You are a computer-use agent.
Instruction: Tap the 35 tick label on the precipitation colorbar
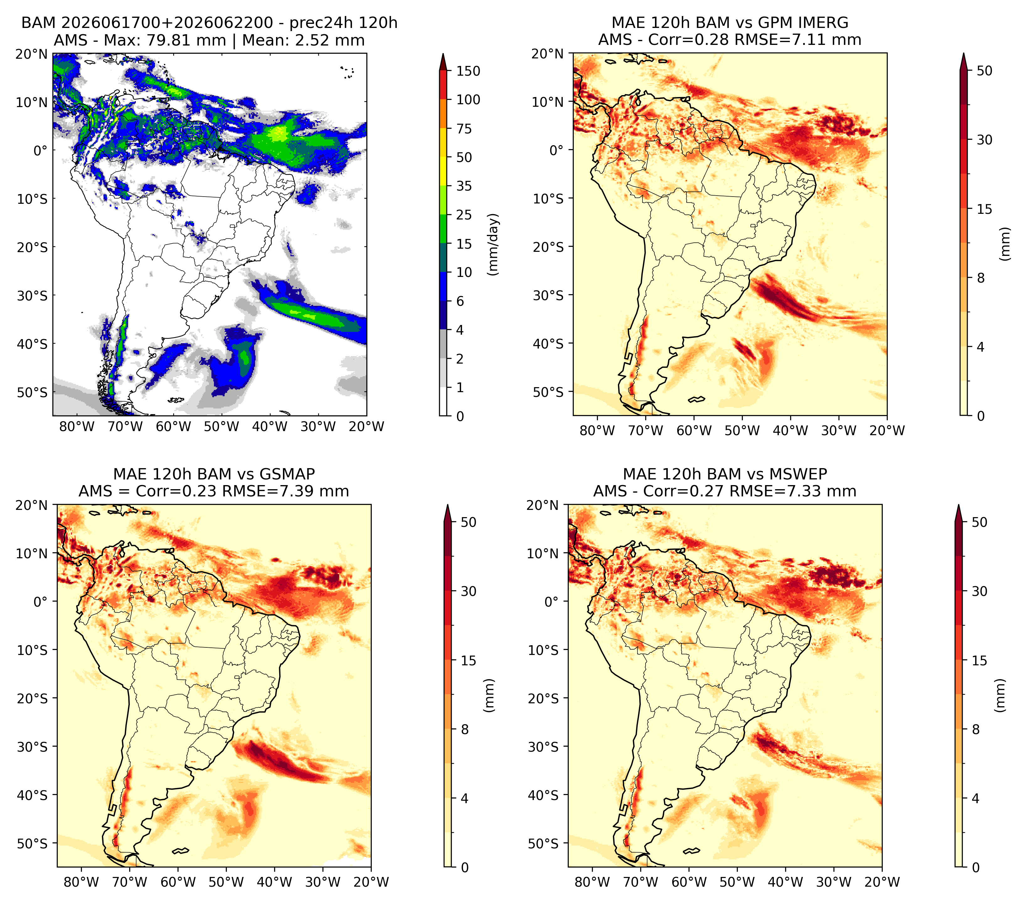pos(464,186)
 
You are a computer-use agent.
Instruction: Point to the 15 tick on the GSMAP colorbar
pos(468,661)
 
